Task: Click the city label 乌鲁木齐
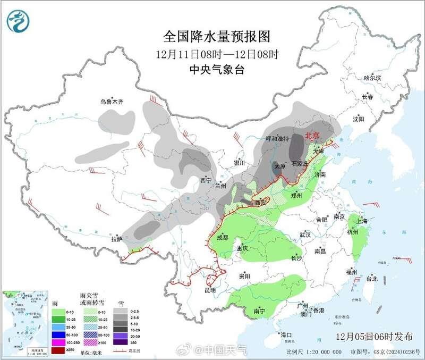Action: (x=112, y=102)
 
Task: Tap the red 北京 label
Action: (x=313, y=136)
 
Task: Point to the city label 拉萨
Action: (x=117, y=239)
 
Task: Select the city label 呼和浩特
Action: (x=277, y=139)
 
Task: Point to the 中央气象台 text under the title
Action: (x=217, y=70)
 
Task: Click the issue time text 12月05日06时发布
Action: (x=374, y=337)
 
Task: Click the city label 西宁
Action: (x=205, y=180)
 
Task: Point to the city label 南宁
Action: (x=259, y=310)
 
